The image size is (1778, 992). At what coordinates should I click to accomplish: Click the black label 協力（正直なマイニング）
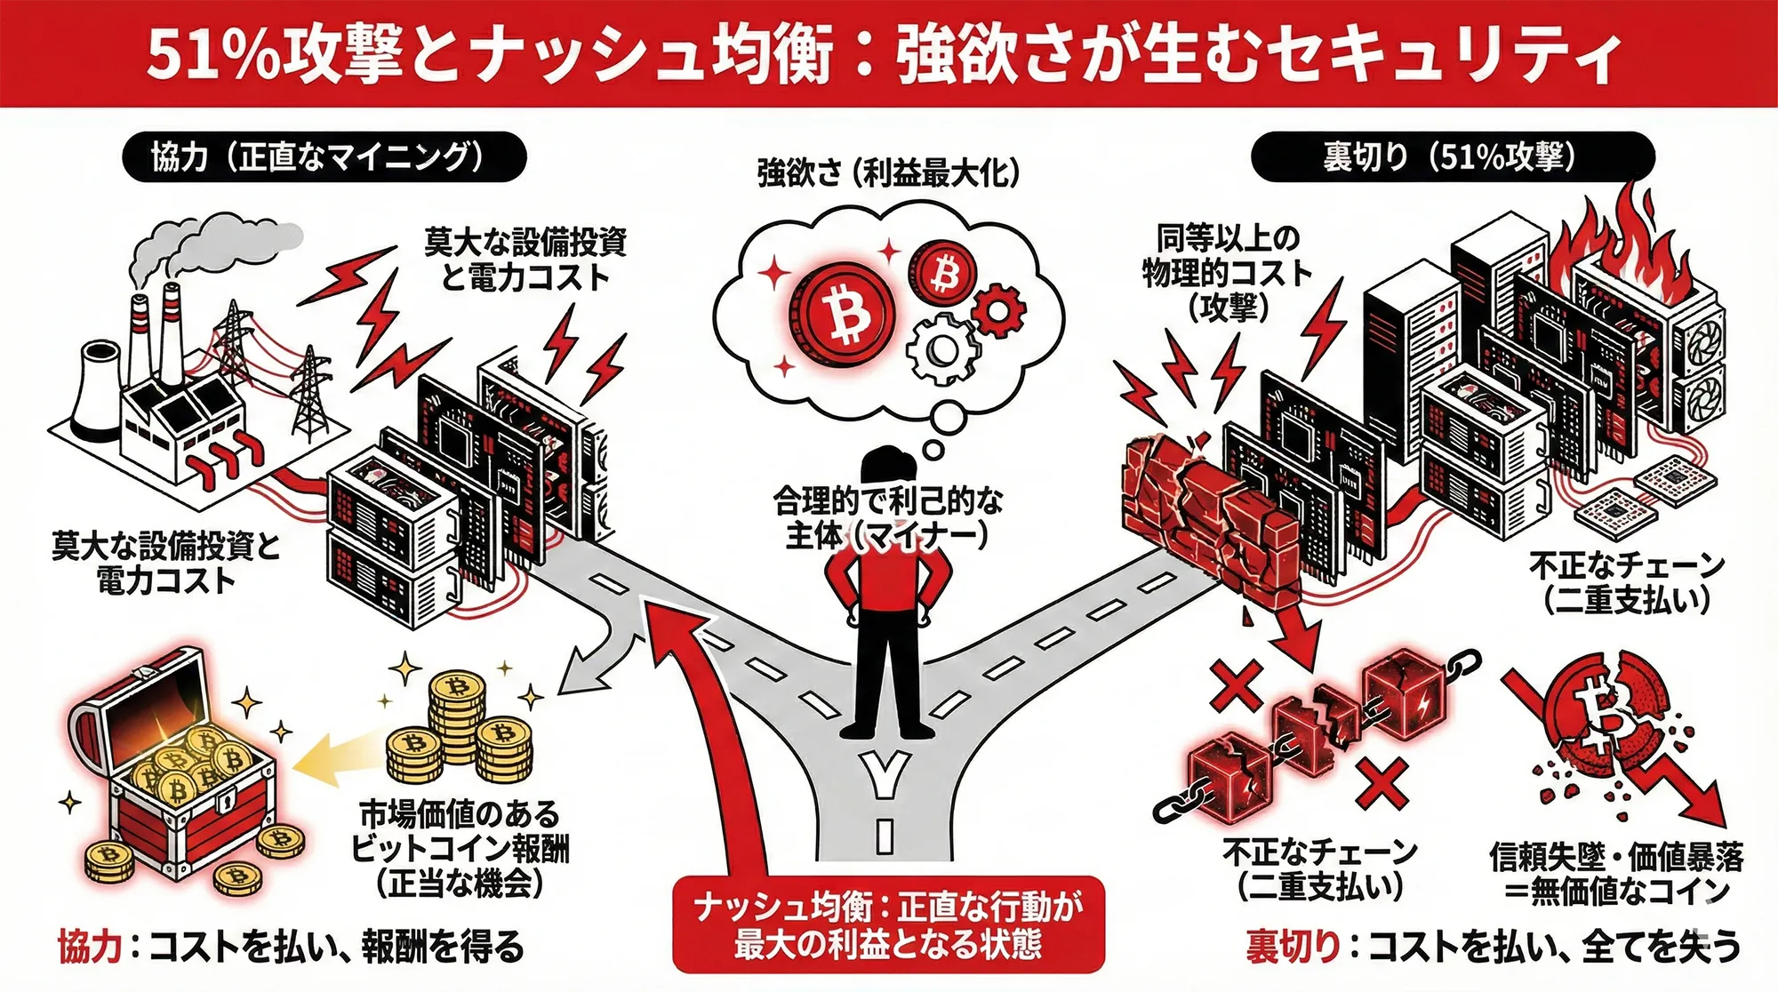(324, 157)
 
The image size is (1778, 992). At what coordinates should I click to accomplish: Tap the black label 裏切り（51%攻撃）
(1452, 157)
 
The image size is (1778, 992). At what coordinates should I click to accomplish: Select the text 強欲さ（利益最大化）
(887, 172)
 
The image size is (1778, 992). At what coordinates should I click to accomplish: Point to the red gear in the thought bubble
(998, 309)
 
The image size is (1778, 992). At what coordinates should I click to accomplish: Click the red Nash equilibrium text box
(888, 924)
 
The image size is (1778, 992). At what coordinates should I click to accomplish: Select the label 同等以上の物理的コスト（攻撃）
(1227, 271)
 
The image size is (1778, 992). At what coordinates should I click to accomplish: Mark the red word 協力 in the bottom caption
(90, 948)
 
